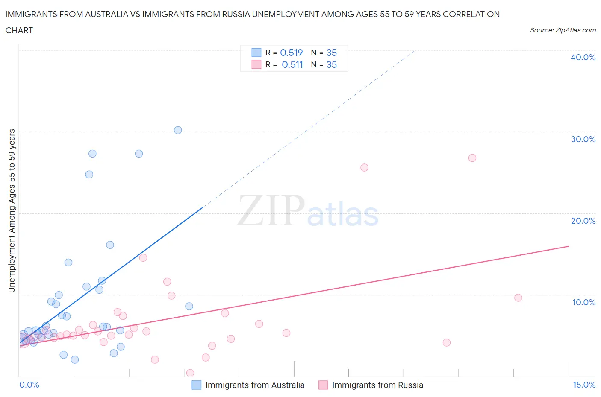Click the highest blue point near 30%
pyautogui.click(x=178, y=130)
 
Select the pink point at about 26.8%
pyautogui.click(x=472, y=158)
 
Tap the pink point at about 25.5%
pyautogui.click(x=364, y=167)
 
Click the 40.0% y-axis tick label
pyautogui.click(x=583, y=57)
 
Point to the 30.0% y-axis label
pyautogui.click(x=583, y=139)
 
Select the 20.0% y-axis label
pyautogui.click(x=583, y=221)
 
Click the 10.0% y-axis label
pyautogui.click(x=583, y=302)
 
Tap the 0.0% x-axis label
pyautogui.click(x=29, y=385)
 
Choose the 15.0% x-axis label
pyautogui.click(x=584, y=385)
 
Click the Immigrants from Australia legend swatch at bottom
pyautogui.click(x=196, y=385)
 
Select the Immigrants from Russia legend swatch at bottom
pyautogui.click(x=323, y=385)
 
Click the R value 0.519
pyautogui.click(x=291, y=53)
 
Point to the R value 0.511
pyautogui.click(x=292, y=64)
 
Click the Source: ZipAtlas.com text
pyautogui.click(x=563, y=30)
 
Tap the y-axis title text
pyautogui.click(x=12, y=211)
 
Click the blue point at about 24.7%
pyautogui.click(x=89, y=174)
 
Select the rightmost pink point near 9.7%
pyautogui.click(x=518, y=298)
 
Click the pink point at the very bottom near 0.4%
pyautogui.click(x=190, y=373)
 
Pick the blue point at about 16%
pyautogui.click(x=110, y=245)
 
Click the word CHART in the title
pyautogui.click(x=19, y=30)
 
